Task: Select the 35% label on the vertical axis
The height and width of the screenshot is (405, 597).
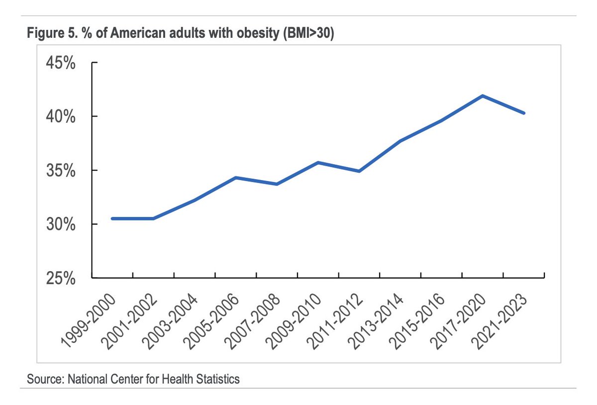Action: click(61, 171)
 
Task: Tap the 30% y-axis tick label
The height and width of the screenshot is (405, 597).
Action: click(61, 224)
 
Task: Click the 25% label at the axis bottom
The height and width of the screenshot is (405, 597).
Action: click(61, 278)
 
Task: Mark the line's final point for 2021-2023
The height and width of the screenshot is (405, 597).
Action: click(524, 113)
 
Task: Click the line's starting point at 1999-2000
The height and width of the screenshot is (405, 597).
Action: click(112, 218)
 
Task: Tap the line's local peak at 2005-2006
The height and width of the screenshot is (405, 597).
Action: click(236, 178)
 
